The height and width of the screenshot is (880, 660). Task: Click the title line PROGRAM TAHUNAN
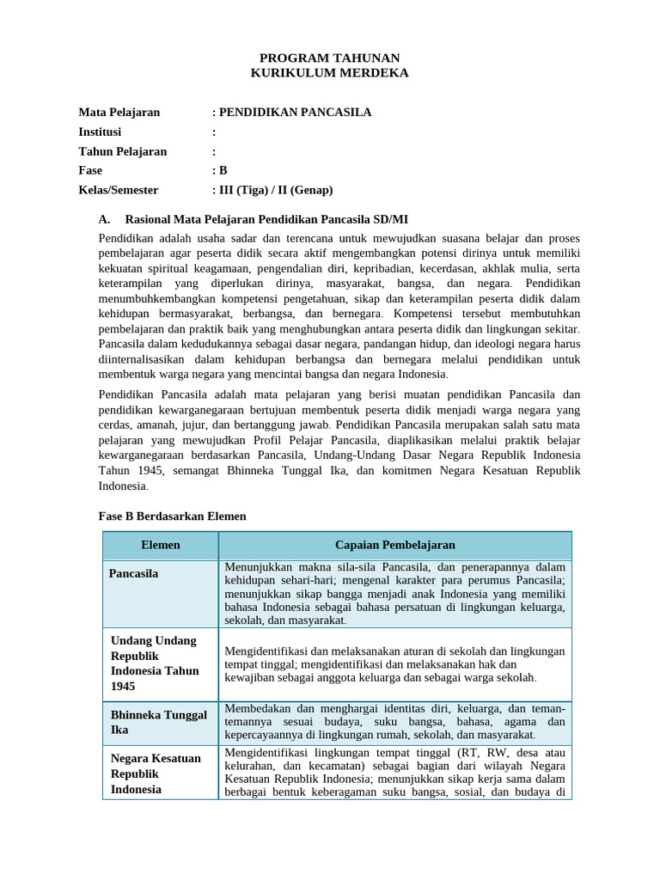click(330, 57)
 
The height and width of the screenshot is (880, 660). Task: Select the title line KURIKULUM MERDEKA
click(330, 73)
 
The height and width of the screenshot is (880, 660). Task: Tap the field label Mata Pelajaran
click(119, 113)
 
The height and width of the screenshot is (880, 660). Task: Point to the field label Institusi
click(101, 132)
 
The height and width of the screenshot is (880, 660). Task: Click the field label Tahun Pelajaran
click(123, 151)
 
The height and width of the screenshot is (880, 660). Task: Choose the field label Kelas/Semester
click(119, 190)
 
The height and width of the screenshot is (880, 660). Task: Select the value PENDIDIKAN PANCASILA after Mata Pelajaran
click(295, 113)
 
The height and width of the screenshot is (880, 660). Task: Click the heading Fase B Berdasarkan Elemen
click(173, 516)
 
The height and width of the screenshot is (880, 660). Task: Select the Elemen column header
click(160, 545)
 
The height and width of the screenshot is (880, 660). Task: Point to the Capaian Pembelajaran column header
click(394, 545)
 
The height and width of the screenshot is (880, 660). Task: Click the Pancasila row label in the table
click(134, 573)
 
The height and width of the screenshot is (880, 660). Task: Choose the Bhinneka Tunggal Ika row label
click(159, 722)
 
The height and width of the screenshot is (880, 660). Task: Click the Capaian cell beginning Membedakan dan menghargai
click(394, 722)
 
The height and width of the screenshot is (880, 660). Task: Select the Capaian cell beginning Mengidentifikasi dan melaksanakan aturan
click(394, 664)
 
